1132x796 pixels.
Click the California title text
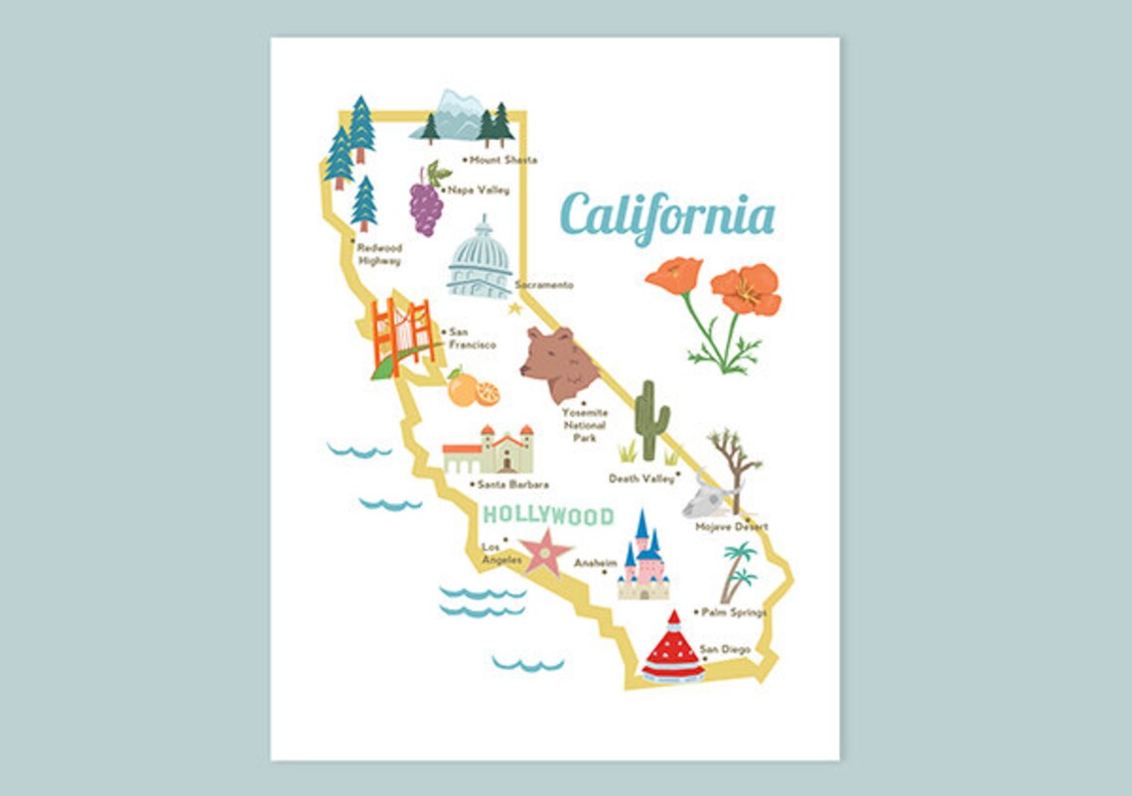[x=666, y=214]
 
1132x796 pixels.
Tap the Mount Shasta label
[x=502, y=160]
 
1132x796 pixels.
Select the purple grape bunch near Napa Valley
[x=426, y=206]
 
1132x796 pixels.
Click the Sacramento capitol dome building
[x=480, y=262]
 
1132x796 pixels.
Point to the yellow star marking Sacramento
[x=514, y=309]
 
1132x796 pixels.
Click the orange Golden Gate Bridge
[x=402, y=334]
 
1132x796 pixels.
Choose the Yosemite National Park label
[x=584, y=424]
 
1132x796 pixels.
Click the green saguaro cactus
[x=650, y=420]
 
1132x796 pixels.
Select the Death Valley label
[x=640, y=478]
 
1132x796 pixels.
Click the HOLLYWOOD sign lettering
[x=548, y=516]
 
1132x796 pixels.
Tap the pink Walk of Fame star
[x=546, y=552]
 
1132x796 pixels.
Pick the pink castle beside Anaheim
[x=643, y=562]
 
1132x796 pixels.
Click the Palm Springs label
[x=733, y=612]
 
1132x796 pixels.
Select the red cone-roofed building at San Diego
[x=672, y=651]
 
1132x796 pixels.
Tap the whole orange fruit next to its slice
[x=462, y=390]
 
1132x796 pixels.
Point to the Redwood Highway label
[x=378, y=254]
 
